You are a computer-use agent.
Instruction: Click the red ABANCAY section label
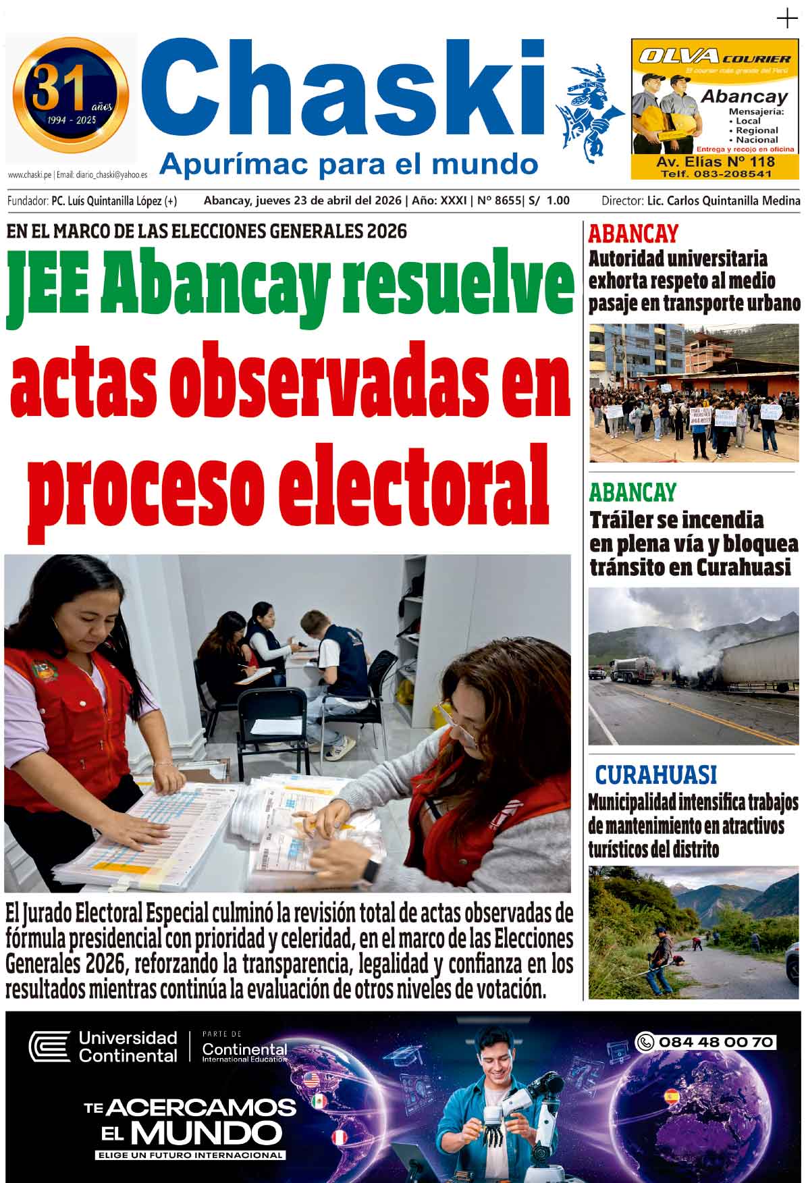coord(633,234)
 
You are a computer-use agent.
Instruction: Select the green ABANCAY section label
coord(632,492)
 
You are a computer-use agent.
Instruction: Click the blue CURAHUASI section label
coord(655,774)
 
